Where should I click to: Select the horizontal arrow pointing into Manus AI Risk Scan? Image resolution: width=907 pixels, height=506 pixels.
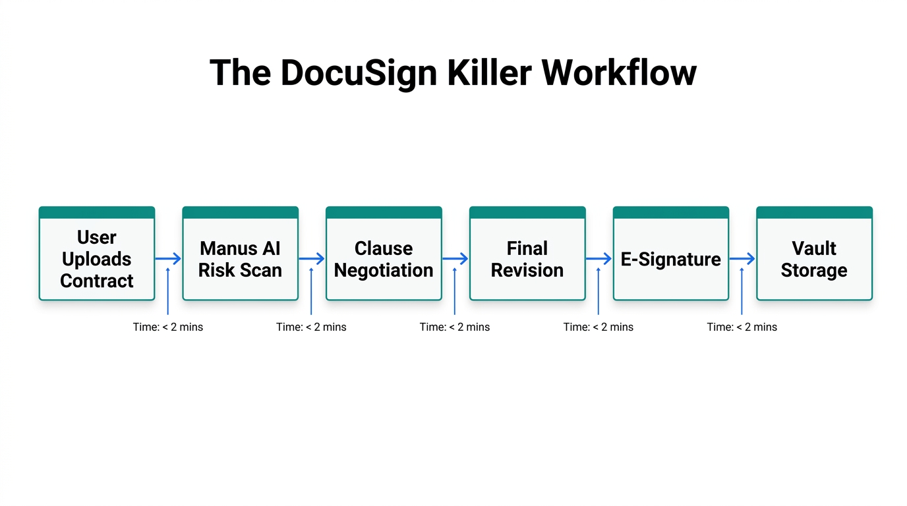click(x=168, y=259)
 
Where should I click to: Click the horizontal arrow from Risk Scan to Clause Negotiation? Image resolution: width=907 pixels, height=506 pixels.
click(x=312, y=259)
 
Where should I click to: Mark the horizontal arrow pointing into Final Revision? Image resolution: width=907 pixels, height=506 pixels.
click(x=455, y=259)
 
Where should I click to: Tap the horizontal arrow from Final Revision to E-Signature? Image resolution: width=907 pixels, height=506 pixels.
click(x=599, y=259)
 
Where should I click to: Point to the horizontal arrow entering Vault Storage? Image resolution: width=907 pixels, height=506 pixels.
click(x=742, y=259)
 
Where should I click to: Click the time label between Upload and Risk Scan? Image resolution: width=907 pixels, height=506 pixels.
click(x=168, y=327)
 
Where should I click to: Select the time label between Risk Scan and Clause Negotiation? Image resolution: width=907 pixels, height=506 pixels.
click(x=311, y=327)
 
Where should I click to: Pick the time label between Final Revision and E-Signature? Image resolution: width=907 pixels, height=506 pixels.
click(x=598, y=327)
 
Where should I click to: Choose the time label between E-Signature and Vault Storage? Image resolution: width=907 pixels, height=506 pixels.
click(x=742, y=327)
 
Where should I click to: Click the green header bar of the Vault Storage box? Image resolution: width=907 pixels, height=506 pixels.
click(x=814, y=212)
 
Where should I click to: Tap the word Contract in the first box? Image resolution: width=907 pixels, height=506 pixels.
click(x=97, y=281)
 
